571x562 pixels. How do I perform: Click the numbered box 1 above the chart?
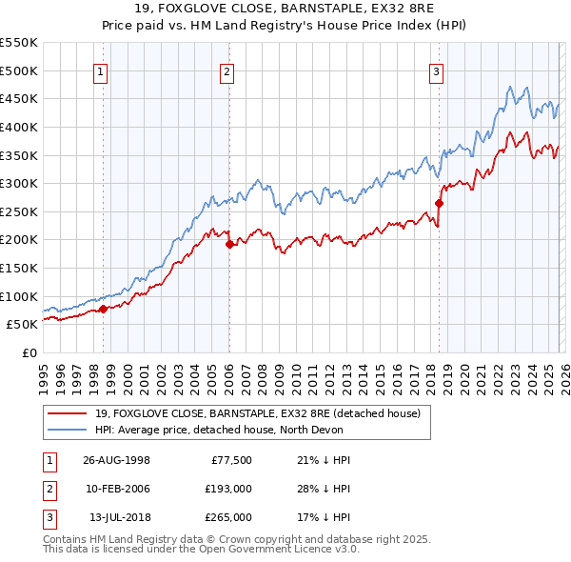click(x=102, y=70)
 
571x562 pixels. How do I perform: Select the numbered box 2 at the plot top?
click(x=228, y=70)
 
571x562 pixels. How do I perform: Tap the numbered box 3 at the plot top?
click(x=437, y=70)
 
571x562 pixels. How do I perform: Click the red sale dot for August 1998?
click(x=104, y=308)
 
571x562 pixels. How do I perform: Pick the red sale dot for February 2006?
click(x=229, y=244)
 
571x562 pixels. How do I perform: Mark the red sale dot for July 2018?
click(x=439, y=203)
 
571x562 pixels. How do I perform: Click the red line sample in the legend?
click(x=69, y=412)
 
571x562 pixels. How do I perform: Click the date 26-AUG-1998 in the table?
click(x=116, y=460)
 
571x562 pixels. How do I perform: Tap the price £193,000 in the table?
click(x=229, y=489)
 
